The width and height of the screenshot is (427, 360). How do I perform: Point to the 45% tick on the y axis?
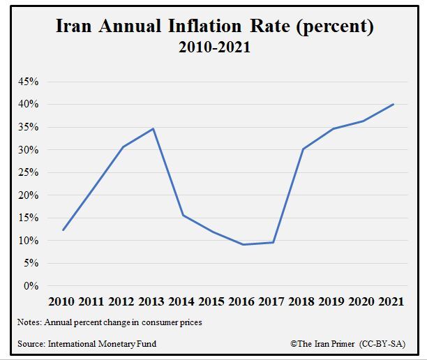[x=29, y=82]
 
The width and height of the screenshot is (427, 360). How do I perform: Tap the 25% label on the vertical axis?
[x=29, y=172]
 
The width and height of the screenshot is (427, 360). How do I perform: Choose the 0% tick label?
[x=31, y=286]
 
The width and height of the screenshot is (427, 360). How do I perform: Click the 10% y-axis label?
[x=29, y=241]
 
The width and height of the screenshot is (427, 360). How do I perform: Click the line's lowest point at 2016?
[x=244, y=244]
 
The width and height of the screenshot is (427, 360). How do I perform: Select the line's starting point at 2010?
[x=63, y=230]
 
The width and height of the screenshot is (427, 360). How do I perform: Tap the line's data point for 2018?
[x=304, y=149]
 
